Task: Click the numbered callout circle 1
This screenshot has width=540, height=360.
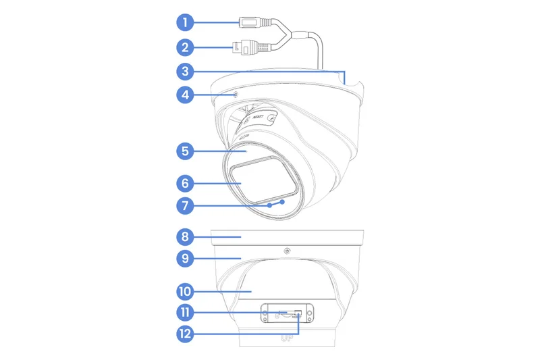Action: (185, 22)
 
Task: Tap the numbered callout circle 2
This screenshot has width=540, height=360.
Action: (185, 48)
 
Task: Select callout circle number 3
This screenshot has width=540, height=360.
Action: (185, 70)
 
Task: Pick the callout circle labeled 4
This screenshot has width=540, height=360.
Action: (185, 95)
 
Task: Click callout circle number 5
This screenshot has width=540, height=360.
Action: (185, 151)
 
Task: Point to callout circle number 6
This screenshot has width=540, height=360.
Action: (185, 182)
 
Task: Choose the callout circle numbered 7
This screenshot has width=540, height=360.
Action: (185, 204)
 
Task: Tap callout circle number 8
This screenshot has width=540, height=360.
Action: (185, 237)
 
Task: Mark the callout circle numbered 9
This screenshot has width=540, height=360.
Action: (185, 258)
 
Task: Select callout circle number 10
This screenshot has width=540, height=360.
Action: (185, 292)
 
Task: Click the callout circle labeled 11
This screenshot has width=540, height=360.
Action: (185, 313)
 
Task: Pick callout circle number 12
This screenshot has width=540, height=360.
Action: (185, 333)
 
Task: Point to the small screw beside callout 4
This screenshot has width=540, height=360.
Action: (236, 95)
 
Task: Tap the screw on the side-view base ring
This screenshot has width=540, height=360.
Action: (288, 251)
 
